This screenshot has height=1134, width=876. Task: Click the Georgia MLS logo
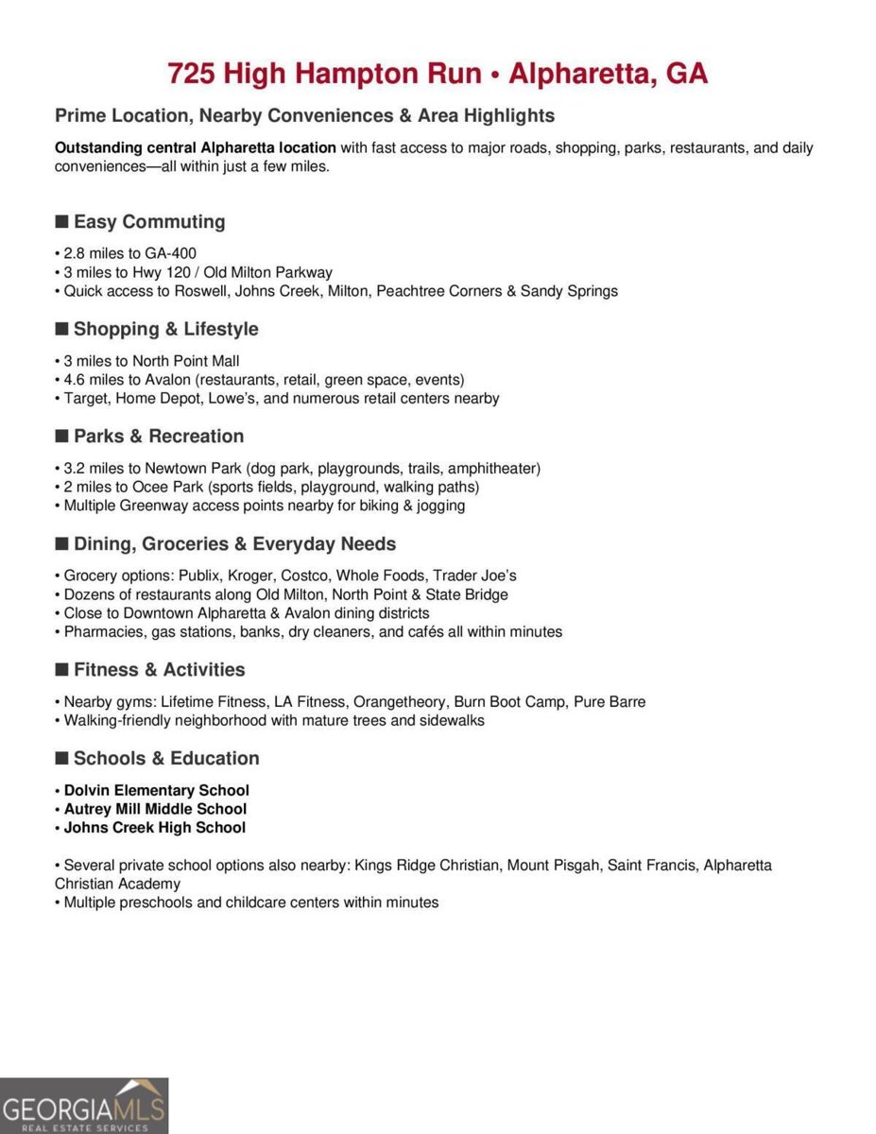[84, 1106]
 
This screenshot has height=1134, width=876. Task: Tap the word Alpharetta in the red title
[572, 73]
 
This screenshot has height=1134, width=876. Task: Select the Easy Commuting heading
[149, 222]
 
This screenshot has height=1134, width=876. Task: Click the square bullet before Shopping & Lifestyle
[61, 329]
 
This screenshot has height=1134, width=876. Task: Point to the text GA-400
[170, 253]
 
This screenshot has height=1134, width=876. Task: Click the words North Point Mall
[185, 361]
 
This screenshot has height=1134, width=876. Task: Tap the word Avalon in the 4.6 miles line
[167, 380]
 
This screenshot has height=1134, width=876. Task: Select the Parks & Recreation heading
[159, 437]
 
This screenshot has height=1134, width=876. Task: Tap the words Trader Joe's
[474, 576]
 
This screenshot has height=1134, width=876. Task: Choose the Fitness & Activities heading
[159, 670]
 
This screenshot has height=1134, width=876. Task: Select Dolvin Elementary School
[157, 790]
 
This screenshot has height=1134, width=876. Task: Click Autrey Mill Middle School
[155, 809]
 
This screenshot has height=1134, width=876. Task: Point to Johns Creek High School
[155, 828]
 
